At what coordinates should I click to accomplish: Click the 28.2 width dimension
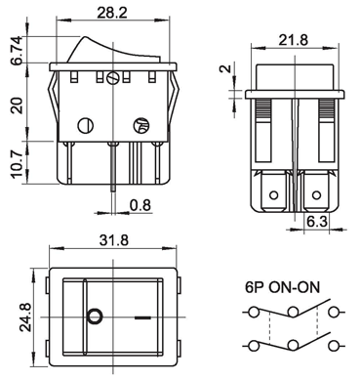tap(112, 12)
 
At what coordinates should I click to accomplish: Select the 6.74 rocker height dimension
tap(18, 51)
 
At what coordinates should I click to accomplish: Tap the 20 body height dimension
tap(18, 106)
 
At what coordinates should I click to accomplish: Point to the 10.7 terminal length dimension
tap(18, 164)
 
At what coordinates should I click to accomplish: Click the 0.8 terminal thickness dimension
tap(140, 205)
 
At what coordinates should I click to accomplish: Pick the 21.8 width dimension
tap(293, 40)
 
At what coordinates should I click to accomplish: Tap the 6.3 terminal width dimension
tap(317, 222)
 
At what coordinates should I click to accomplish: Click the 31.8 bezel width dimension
tap(114, 240)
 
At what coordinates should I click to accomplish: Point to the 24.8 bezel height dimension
tap(25, 317)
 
